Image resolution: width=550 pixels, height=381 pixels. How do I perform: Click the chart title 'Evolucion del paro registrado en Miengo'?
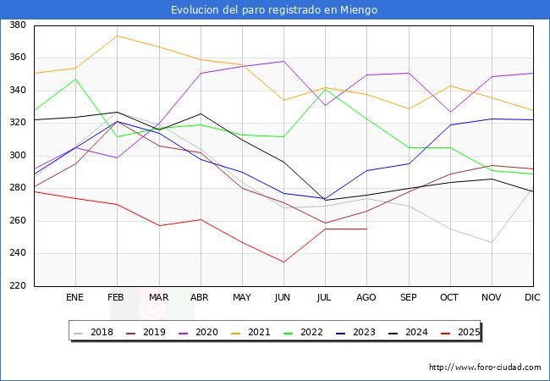(x=274, y=10)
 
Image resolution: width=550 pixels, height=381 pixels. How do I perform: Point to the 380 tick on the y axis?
(x=18, y=25)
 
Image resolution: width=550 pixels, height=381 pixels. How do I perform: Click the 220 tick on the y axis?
(x=18, y=286)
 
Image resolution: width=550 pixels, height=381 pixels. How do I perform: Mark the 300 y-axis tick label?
(x=18, y=156)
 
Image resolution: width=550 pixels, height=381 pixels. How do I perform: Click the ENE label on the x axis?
(x=75, y=298)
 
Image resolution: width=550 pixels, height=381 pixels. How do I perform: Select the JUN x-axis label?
(x=283, y=298)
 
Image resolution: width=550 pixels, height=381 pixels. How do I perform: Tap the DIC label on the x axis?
(x=533, y=298)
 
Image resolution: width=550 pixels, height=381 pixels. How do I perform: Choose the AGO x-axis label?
(x=366, y=298)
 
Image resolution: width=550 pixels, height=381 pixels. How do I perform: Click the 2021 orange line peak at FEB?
(x=117, y=36)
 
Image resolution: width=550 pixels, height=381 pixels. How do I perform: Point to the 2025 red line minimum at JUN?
(x=283, y=262)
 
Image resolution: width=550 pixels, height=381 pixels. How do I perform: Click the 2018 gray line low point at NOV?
(x=492, y=242)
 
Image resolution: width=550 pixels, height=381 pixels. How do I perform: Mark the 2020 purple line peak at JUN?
(x=283, y=61)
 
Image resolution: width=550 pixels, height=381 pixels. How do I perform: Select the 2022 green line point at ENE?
(x=75, y=79)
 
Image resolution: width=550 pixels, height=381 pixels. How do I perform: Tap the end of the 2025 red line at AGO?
(x=366, y=229)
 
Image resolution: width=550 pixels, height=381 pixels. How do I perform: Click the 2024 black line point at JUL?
(x=325, y=200)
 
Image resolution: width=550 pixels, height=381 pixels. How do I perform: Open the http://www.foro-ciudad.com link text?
(x=485, y=367)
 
